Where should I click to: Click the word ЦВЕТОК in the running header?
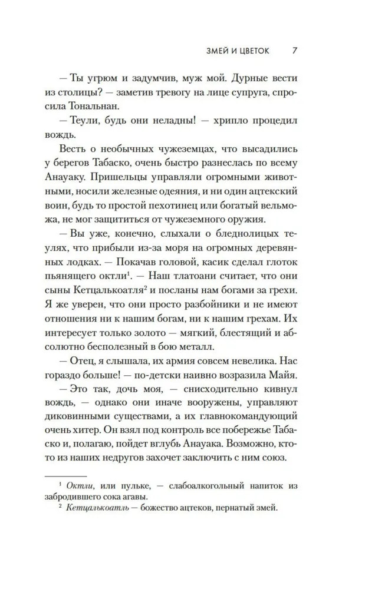click(249, 51)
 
